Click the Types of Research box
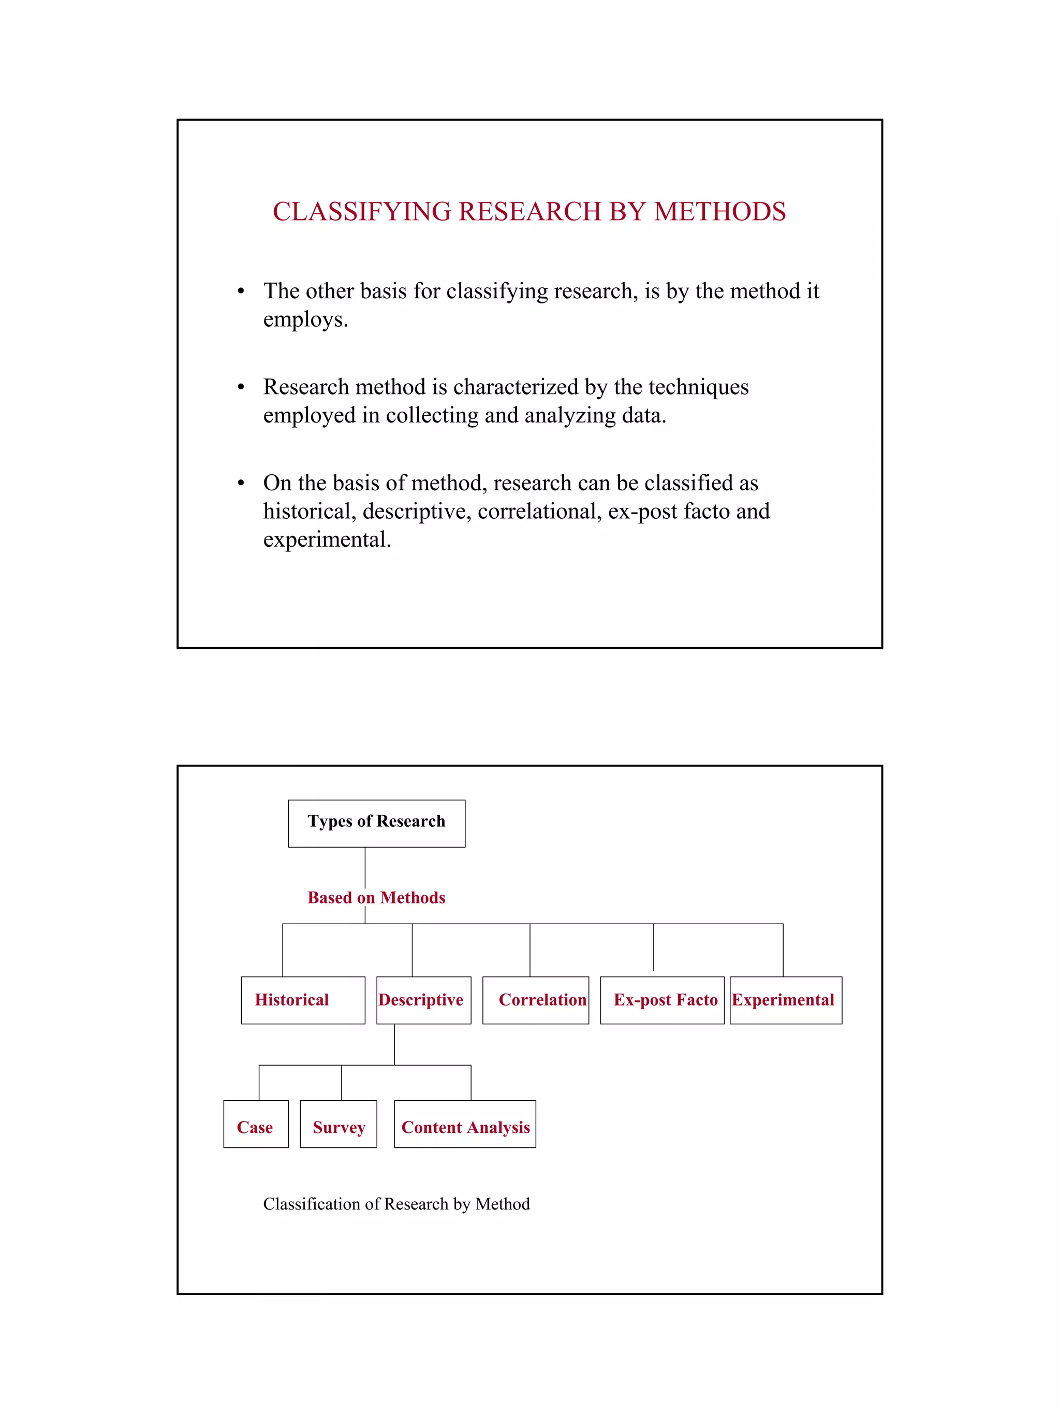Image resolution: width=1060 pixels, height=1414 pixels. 376,823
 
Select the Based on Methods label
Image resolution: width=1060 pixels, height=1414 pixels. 376,897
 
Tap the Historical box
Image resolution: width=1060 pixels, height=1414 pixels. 303,1000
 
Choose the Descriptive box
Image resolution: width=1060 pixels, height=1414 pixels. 423,1000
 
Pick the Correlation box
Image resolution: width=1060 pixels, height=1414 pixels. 535,1000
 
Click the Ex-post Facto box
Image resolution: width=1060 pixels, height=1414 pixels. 662,1000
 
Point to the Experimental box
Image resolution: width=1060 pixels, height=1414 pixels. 785,1000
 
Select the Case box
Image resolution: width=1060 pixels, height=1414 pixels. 256,1127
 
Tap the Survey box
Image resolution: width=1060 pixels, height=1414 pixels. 338,1127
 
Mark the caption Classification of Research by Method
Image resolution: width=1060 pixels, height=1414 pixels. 396,1204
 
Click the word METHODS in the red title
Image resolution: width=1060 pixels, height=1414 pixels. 719,212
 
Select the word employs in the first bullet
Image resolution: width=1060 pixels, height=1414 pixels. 305,319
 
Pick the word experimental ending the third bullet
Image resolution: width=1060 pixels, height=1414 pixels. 326,540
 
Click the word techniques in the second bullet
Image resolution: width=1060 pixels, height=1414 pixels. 698,387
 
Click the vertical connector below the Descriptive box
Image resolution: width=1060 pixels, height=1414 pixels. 394,1044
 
